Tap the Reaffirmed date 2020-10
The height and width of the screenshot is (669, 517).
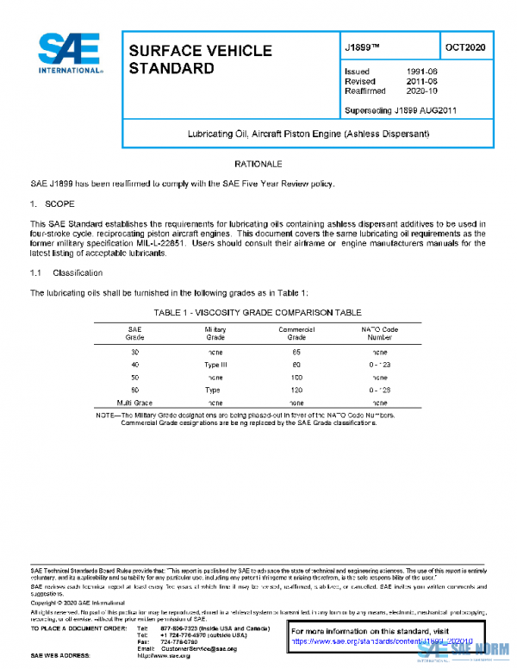[x=422, y=90]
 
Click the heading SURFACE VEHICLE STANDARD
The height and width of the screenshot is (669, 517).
[x=200, y=59]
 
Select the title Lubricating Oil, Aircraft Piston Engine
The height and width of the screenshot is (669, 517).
[x=308, y=134]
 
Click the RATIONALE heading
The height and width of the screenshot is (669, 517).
[x=258, y=164]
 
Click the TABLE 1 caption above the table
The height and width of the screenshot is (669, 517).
[x=258, y=312]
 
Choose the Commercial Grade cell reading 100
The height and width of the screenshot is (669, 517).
[x=296, y=378]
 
